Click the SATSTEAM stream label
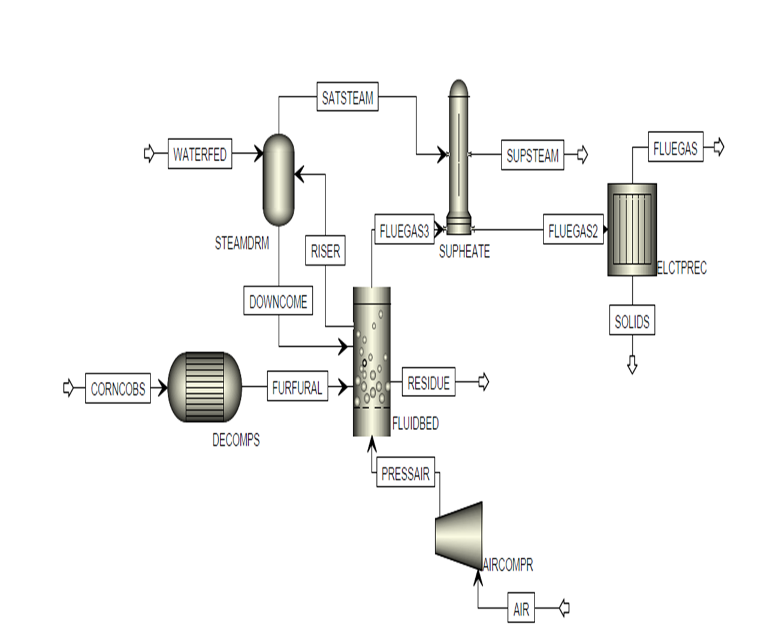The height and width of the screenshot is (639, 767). click(348, 96)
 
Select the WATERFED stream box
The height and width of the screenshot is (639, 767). click(200, 154)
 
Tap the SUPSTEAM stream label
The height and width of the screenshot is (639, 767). click(533, 155)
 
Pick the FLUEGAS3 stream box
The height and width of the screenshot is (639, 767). click(404, 229)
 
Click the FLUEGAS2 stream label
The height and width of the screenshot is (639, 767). click(573, 229)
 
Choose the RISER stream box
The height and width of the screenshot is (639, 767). click(325, 250)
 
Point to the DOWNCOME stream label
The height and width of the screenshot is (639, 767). click(279, 301)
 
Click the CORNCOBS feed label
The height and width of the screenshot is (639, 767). click(118, 389)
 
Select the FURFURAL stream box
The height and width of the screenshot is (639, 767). click(298, 386)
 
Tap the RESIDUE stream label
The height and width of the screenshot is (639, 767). click(428, 382)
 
